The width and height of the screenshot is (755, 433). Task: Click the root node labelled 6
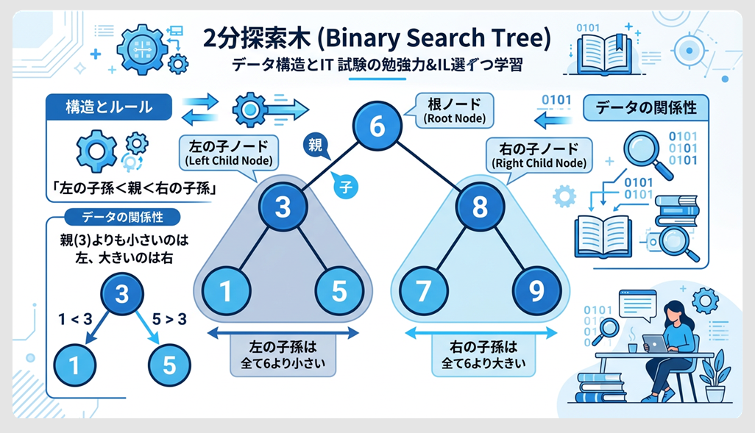[376, 126]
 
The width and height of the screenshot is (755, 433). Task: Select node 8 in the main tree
[478, 207]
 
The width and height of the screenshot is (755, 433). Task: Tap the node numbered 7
[423, 292]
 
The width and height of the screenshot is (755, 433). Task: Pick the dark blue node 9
[536, 292]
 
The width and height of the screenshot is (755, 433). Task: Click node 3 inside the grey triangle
[283, 207]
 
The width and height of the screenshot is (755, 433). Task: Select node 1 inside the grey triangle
[225, 292]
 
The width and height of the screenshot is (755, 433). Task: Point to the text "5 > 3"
[169, 319]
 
